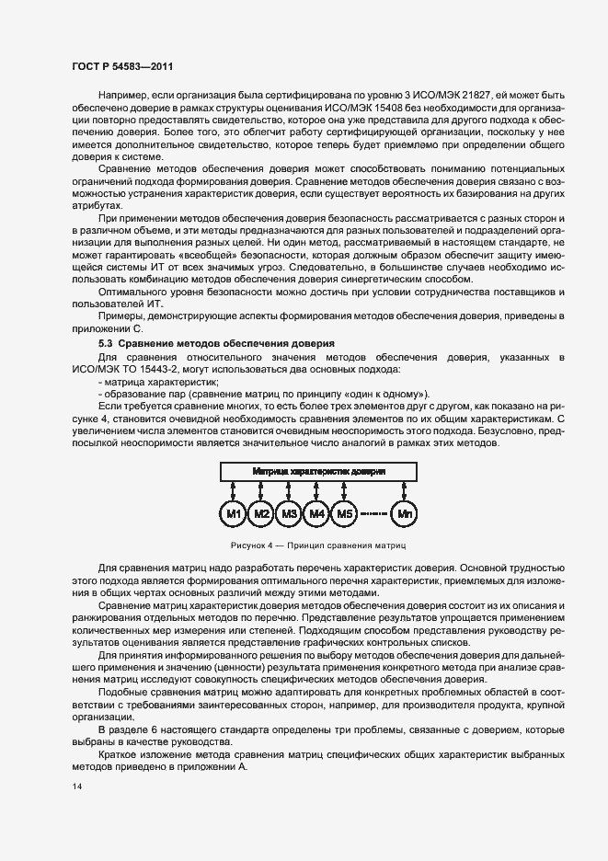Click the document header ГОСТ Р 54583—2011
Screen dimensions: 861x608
[x=121, y=67]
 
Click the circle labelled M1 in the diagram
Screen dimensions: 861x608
[x=235, y=513]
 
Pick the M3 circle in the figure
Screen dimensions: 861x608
[x=290, y=513]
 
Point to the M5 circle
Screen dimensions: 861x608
[x=345, y=513]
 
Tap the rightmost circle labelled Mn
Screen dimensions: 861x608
[x=405, y=513]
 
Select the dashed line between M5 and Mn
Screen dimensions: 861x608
[x=374, y=513]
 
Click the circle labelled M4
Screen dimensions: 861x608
[x=317, y=513]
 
